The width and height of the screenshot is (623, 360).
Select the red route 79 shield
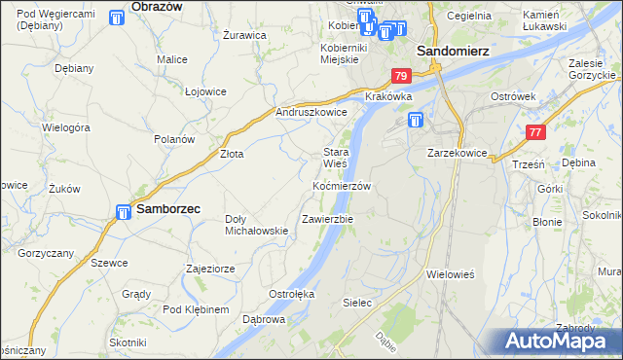(401, 75)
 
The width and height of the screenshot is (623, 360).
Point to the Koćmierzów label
(342, 185)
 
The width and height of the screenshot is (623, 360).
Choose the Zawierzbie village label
(327, 219)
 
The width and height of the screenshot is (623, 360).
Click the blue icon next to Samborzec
(125, 211)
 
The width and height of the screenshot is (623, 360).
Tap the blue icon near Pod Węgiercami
(117, 18)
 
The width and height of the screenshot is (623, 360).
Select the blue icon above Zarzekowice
(416, 121)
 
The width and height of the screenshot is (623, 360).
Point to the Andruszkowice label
(311, 112)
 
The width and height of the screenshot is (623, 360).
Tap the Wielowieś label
(450, 274)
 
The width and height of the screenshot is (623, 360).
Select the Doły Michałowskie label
(256, 224)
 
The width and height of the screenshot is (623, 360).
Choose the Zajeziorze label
(212, 268)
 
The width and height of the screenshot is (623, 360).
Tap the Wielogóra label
(66, 126)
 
